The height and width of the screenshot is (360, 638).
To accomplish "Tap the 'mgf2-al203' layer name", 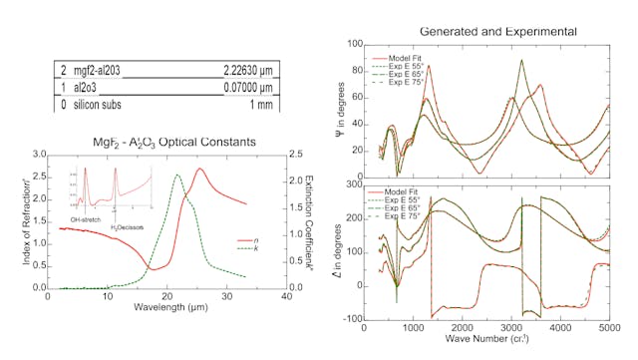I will coord(102,70).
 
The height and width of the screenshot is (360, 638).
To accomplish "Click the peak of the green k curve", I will coord(177,176).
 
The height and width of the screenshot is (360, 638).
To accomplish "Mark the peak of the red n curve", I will coord(200,169).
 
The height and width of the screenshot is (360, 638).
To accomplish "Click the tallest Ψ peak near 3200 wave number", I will coord(521,60).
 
